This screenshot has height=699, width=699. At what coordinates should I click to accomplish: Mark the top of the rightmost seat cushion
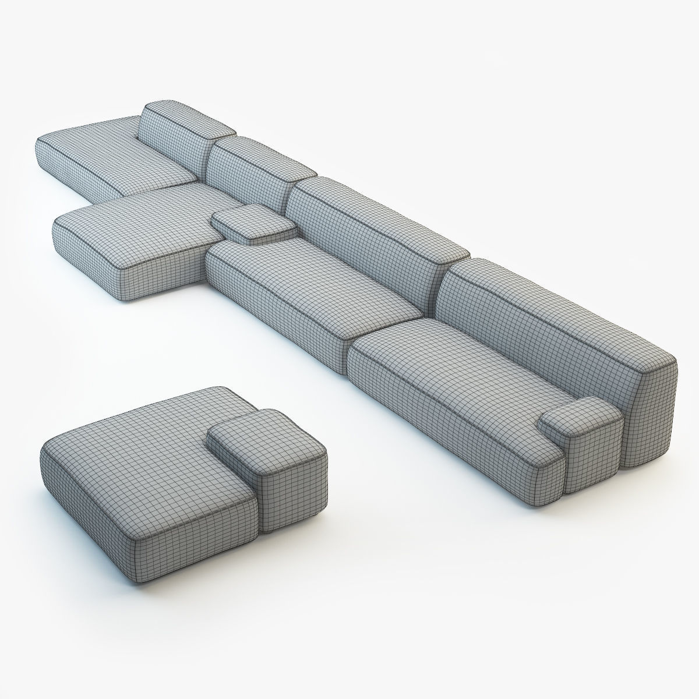449,367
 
